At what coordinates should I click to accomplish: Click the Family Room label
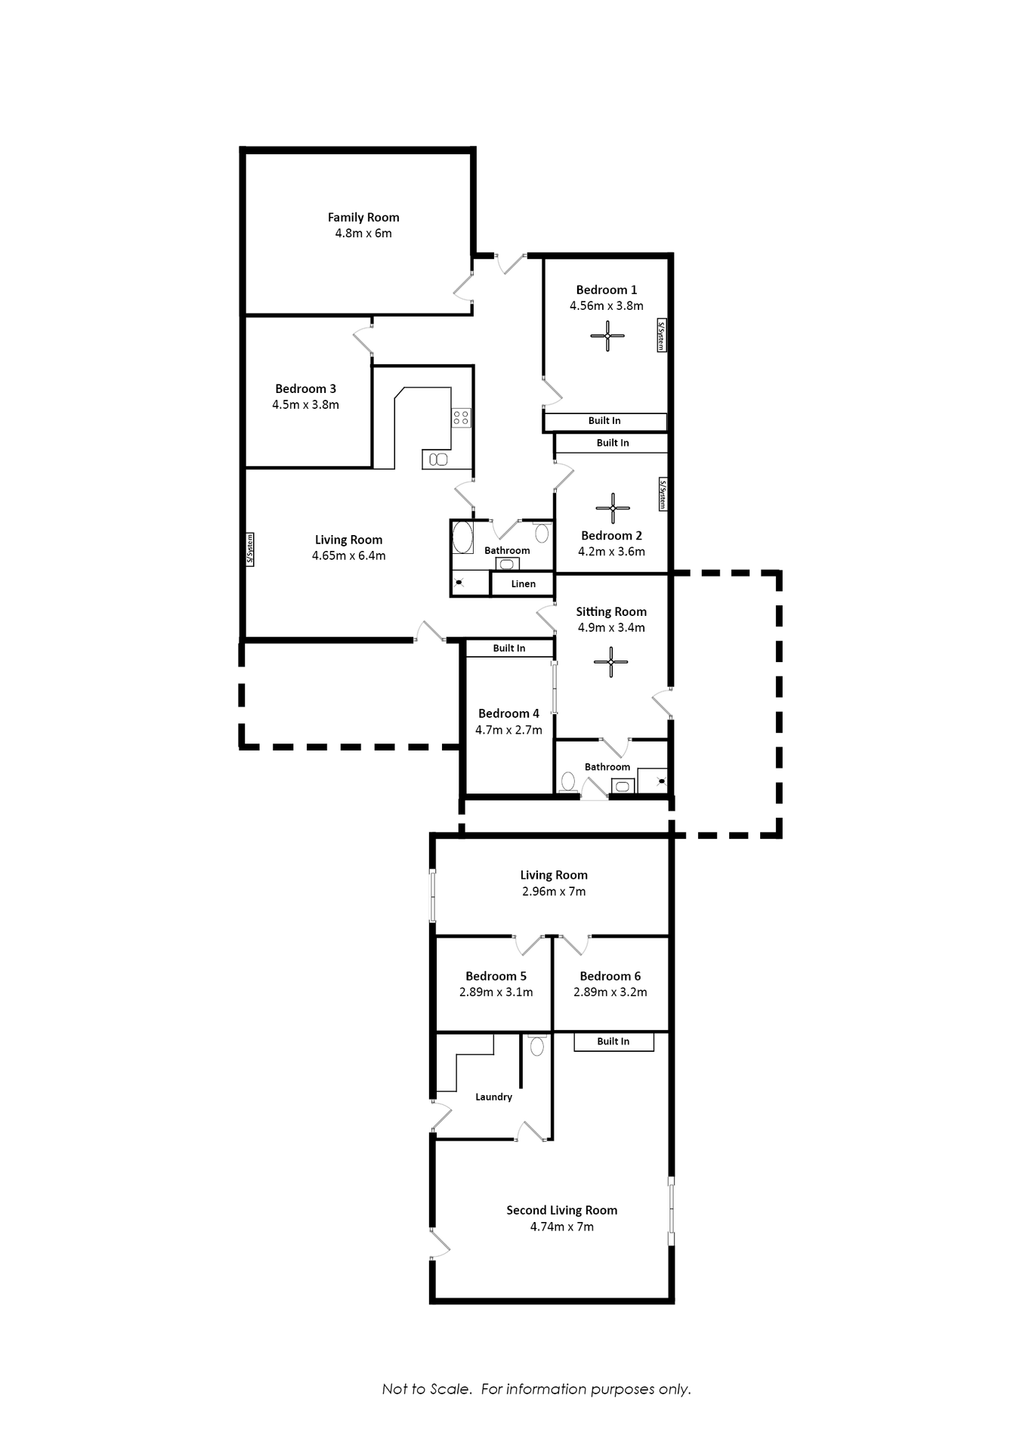point(363,217)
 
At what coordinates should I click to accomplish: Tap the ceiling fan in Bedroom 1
point(607,336)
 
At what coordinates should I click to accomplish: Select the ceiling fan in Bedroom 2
point(613,508)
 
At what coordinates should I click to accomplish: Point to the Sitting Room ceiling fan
point(610,662)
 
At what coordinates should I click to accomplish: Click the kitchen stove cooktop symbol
point(461,418)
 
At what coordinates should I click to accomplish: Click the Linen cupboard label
point(523,583)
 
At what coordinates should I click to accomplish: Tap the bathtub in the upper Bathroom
point(462,537)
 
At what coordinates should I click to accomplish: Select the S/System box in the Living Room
point(250,549)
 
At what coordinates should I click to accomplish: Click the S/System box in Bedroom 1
point(661,336)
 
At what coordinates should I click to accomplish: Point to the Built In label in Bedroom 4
point(508,648)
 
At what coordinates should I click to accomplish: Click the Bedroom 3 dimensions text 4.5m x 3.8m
point(305,404)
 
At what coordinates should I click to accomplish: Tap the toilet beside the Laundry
point(537,1046)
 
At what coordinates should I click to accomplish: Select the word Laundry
point(493,1097)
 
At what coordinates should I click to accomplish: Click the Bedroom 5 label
point(496,976)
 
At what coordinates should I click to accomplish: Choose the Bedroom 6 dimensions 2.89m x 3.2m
point(610,992)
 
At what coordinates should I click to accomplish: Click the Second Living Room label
point(561,1210)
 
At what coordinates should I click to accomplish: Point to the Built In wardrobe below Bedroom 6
point(613,1041)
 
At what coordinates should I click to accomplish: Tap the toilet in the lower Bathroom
point(568,781)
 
